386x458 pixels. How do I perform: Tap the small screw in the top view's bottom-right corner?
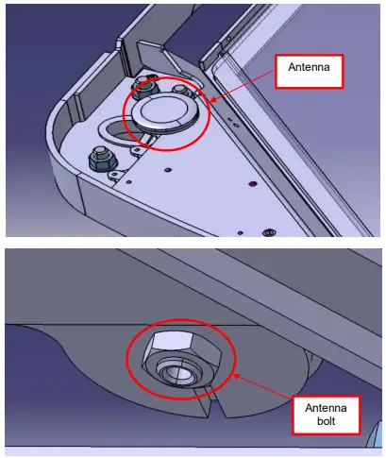click(270, 229)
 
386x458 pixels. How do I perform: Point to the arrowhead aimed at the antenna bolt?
click(233, 375)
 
